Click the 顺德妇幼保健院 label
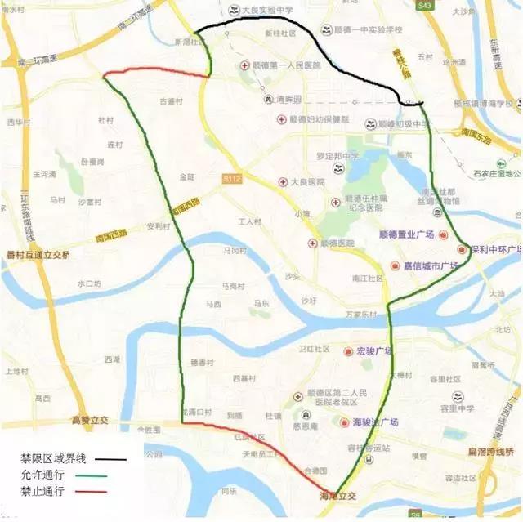(x=320, y=120)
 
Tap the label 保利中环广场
(x=496, y=249)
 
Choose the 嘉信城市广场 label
(x=435, y=265)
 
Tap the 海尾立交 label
(x=337, y=496)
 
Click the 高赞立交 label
(x=89, y=421)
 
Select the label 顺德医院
(x=337, y=243)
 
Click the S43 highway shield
(x=423, y=5)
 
